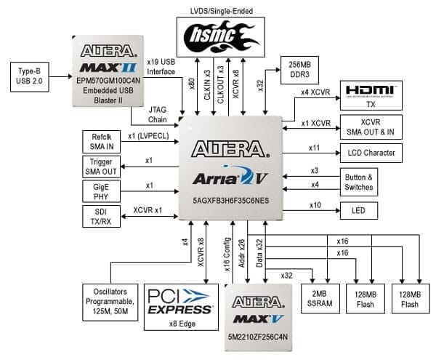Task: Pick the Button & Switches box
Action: pos(358,180)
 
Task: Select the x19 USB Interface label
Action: pos(161,65)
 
